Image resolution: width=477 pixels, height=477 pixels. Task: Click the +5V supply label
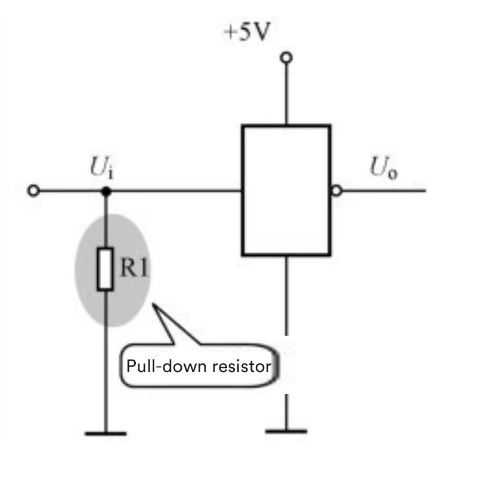point(246,32)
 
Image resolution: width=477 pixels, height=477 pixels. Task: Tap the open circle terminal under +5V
point(287,57)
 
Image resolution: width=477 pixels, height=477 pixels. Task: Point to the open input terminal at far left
point(34,191)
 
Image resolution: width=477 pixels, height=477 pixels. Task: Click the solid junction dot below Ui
point(106,191)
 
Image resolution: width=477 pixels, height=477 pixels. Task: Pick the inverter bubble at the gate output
point(337,191)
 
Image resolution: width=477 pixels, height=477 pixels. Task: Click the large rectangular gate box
point(286,190)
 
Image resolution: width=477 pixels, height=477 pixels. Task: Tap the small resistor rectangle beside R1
point(106,270)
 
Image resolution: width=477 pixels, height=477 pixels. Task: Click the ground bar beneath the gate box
point(286,430)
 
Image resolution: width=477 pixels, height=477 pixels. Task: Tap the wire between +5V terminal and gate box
point(287,93)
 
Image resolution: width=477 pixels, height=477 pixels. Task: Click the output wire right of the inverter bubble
point(385,191)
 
